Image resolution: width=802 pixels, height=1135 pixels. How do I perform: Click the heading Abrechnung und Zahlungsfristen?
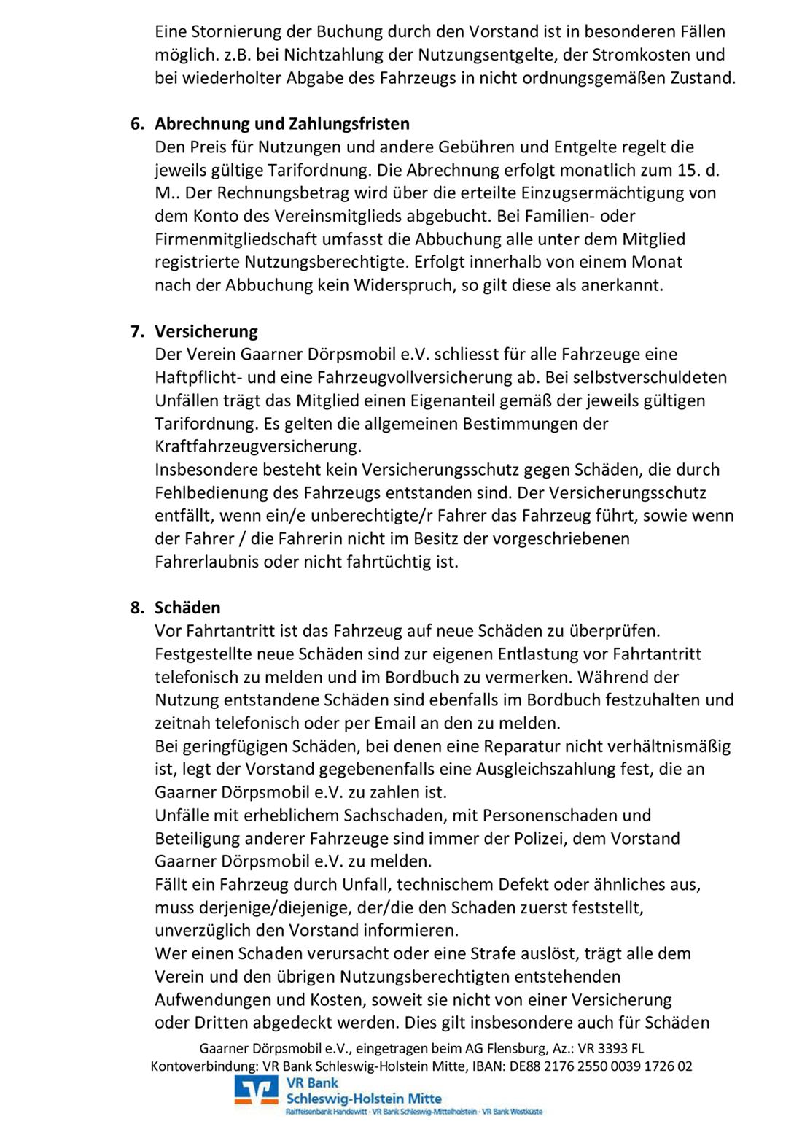[x=282, y=124]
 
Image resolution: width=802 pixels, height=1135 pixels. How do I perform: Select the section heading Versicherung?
[x=206, y=331]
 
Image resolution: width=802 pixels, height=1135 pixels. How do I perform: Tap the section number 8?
[x=136, y=608]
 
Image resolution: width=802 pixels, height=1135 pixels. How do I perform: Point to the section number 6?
[x=136, y=124]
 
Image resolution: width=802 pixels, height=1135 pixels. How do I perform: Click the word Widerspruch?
[x=404, y=285]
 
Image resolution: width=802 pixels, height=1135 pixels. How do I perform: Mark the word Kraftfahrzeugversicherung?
[x=258, y=446]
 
